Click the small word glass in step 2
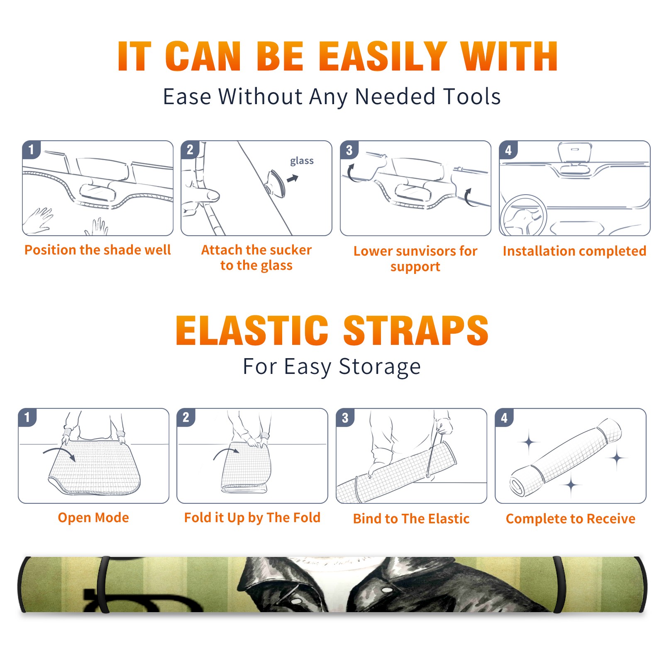click(302, 161)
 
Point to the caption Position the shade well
click(98, 250)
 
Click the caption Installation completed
click(574, 251)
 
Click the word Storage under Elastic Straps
click(380, 367)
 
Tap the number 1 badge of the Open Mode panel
click(28, 417)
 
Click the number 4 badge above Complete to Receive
click(504, 417)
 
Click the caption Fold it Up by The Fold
click(252, 518)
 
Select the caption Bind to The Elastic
click(411, 519)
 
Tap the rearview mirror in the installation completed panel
click(575, 152)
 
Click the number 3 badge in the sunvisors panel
click(349, 150)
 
